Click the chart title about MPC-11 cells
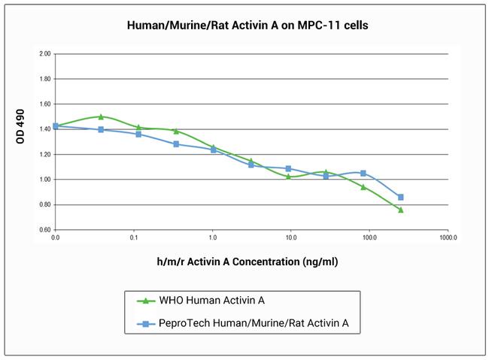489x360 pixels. click(x=245, y=25)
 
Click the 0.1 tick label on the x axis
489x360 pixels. click(x=134, y=237)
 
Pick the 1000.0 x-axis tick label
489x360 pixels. click(x=448, y=237)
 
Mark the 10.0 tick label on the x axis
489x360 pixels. click(x=291, y=237)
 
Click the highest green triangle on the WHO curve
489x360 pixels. click(x=101, y=116)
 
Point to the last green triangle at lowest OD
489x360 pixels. click(x=400, y=210)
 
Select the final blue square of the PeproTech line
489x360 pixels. click(x=400, y=197)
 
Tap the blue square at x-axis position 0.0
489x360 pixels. click(x=56, y=126)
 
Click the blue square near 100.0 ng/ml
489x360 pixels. click(x=363, y=173)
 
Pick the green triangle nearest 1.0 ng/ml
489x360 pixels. click(x=213, y=147)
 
